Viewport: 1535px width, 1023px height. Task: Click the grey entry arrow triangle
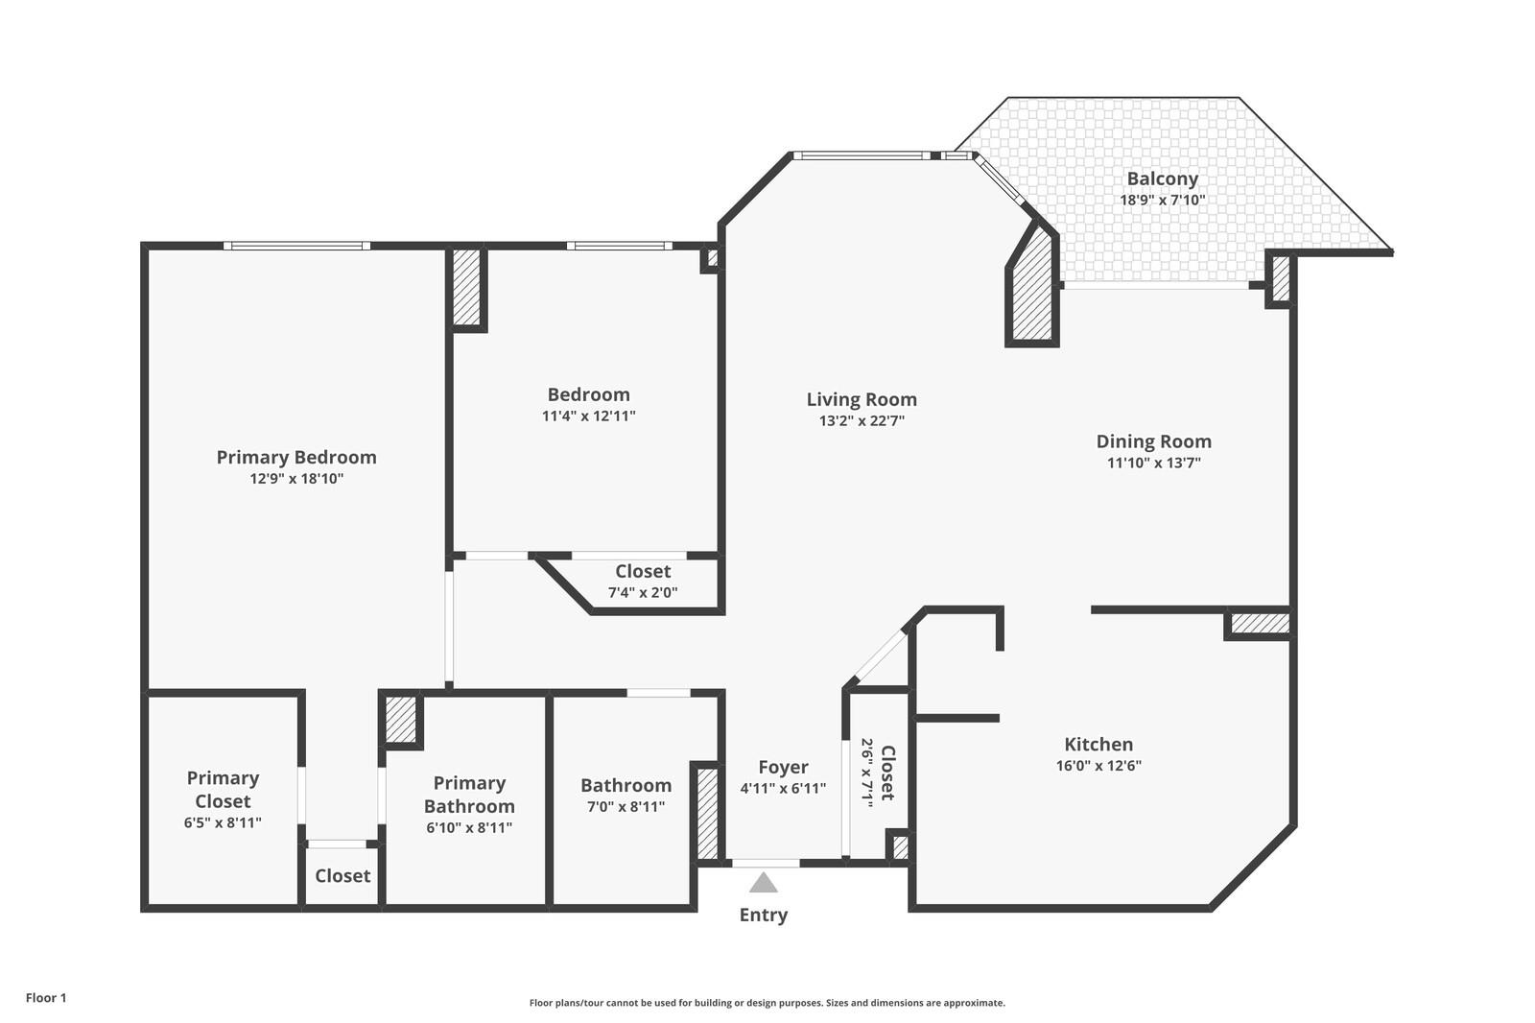tap(763, 882)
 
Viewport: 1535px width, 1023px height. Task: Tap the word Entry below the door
tap(763, 915)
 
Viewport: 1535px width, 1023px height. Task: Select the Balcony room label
tap(1162, 178)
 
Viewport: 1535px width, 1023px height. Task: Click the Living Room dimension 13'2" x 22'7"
tap(861, 420)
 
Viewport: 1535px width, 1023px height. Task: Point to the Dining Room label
tap(1153, 441)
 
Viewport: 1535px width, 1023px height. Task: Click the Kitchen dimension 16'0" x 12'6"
tap(1098, 766)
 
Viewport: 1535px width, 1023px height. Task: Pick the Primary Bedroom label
tap(295, 457)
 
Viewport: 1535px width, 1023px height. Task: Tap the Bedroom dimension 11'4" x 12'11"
tap(588, 416)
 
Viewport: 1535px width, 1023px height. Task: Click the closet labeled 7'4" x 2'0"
tap(643, 582)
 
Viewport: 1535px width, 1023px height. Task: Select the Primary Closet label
tap(223, 789)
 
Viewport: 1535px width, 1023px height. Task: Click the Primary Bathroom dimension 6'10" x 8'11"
tap(469, 827)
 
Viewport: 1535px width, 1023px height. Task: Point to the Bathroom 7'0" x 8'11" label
tap(626, 795)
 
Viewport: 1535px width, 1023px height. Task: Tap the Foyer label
tap(783, 767)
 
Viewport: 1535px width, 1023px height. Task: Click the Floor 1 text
tap(46, 998)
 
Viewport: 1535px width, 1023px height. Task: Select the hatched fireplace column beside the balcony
tap(1033, 288)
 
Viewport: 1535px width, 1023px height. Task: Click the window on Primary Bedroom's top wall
tap(296, 246)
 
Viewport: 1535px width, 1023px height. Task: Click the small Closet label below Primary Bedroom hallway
tap(342, 875)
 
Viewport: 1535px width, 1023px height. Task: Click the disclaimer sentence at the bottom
tap(767, 1003)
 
